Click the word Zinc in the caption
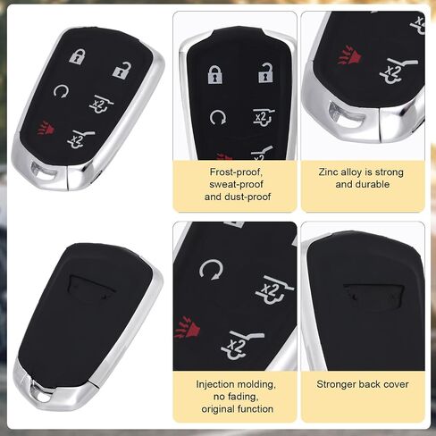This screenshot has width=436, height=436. [x=328, y=172]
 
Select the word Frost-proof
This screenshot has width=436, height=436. [x=236, y=172]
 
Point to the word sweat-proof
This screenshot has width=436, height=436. [x=236, y=185]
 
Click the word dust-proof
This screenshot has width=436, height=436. [x=249, y=197]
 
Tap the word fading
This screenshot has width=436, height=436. [x=246, y=397]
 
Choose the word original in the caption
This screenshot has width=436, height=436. [x=218, y=409]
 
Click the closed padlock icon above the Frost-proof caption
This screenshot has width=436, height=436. [x=215, y=74]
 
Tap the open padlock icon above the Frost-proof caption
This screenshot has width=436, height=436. [x=265, y=72]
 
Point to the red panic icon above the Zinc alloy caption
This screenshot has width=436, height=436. [x=350, y=55]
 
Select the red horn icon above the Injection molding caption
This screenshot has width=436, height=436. [x=187, y=327]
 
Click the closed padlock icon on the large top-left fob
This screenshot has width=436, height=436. [x=78, y=56]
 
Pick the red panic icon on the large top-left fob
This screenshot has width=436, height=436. [x=46, y=128]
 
